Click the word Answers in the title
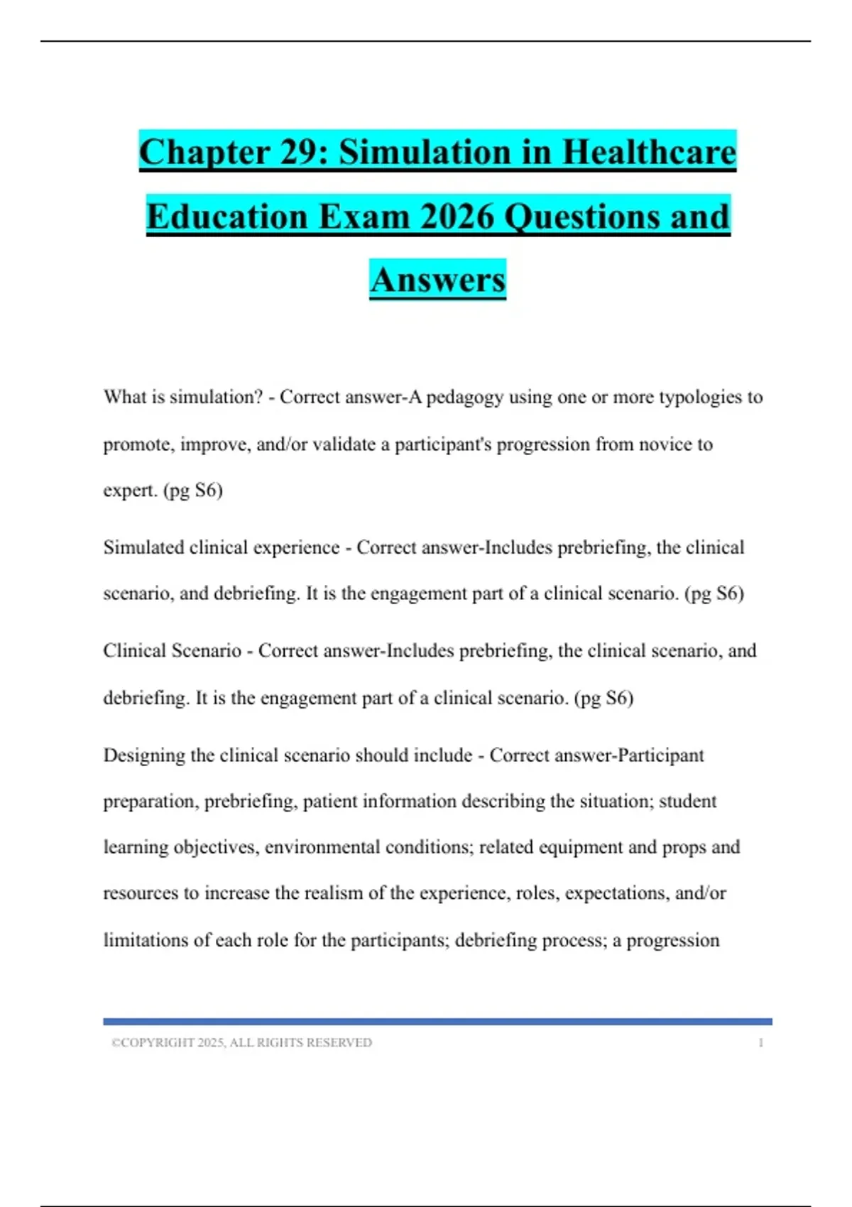pos(437,280)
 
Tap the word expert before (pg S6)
pos(130,491)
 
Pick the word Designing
pos(145,755)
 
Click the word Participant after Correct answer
pos(660,755)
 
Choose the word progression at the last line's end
pos(672,940)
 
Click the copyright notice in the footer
pos(241,1042)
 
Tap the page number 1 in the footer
pos(760,1042)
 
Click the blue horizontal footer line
pos(437,1022)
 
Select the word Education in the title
pos(227,217)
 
